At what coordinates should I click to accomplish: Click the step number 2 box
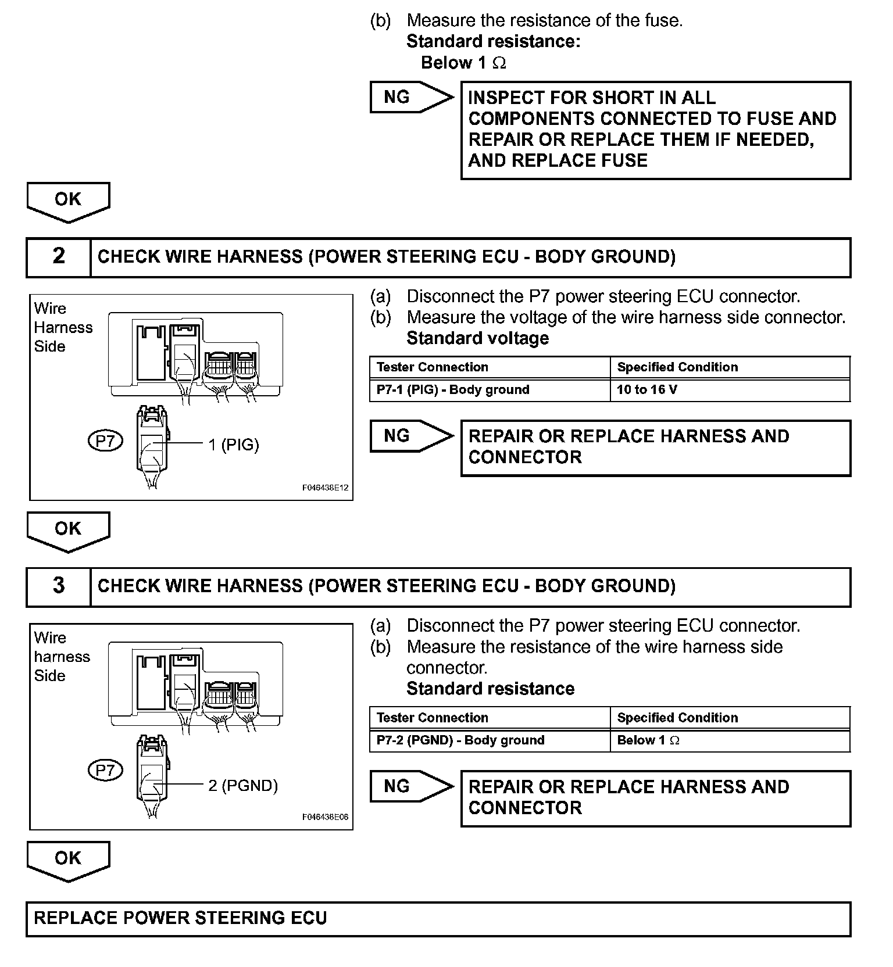[x=59, y=257]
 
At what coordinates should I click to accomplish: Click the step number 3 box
[x=59, y=586]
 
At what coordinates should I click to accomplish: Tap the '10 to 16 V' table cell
[x=647, y=390]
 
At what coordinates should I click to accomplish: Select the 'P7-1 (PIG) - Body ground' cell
[x=453, y=390]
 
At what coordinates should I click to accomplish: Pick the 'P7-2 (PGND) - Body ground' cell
[x=460, y=740]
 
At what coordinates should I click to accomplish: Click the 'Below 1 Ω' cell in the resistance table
[x=648, y=740]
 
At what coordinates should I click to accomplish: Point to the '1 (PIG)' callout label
[x=234, y=445]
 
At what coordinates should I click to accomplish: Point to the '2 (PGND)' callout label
[x=243, y=786]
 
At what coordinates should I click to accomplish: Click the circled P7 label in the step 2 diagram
[x=105, y=442]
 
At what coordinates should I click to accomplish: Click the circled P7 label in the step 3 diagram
[x=105, y=771]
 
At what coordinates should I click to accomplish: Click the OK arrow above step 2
[x=68, y=201]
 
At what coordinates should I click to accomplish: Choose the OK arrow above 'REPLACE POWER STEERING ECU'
[x=68, y=860]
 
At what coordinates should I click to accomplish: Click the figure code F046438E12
[x=325, y=488]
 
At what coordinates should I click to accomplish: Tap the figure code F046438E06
[x=325, y=817]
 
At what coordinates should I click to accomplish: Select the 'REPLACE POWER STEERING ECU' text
[x=181, y=918]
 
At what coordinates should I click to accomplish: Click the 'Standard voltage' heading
[x=478, y=338]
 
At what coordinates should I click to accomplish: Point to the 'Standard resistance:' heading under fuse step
[x=494, y=41]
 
